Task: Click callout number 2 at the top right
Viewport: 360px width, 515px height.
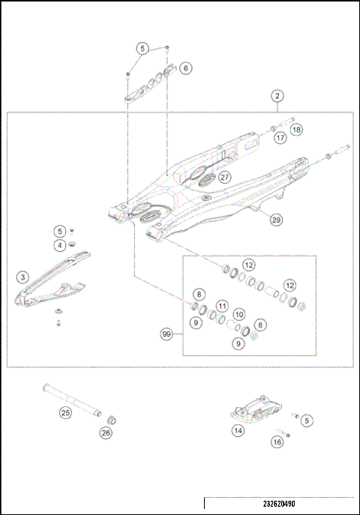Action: point(277,96)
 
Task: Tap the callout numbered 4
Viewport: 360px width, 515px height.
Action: point(59,244)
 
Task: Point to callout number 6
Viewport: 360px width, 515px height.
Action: point(185,67)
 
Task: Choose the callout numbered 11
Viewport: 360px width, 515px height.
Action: point(221,305)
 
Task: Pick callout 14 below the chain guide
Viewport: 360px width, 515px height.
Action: point(238,430)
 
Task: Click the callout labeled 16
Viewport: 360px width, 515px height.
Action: point(277,443)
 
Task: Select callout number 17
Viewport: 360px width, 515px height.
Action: point(279,138)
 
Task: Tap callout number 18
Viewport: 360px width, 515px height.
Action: point(296,129)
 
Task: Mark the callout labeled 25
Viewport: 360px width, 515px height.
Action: point(65,412)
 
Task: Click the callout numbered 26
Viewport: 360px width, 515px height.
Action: point(106,432)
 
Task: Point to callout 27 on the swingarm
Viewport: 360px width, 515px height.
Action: point(224,177)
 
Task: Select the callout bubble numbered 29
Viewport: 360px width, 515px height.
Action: point(276,220)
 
